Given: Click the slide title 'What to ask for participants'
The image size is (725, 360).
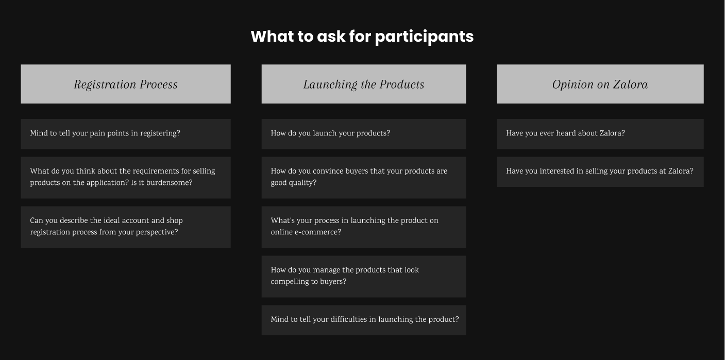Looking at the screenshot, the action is pos(362,36).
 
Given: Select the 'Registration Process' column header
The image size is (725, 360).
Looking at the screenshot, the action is pos(126,84).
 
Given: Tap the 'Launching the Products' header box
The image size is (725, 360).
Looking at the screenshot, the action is pos(364,84).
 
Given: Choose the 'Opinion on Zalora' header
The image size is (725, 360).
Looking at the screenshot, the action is pos(600,84).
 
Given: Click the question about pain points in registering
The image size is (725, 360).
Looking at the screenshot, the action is pos(126,134).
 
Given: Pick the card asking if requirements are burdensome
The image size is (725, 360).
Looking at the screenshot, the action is pos(126,178).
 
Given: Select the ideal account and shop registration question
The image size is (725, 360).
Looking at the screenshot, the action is pos(126,227).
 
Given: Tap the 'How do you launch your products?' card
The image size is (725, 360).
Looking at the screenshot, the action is pos(364,134).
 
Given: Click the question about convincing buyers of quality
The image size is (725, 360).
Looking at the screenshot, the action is pos(364,178).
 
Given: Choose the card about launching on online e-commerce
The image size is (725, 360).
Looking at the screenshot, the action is pos(364,227).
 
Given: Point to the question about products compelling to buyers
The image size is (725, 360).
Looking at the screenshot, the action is pos(364,277).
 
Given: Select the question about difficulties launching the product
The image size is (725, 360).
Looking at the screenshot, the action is pos(364,320).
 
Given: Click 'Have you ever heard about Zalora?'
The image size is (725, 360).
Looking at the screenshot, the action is pos(600,134).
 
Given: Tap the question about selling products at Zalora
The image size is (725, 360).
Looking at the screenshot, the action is pos(600,172).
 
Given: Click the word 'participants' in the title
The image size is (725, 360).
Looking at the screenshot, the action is pos(424,37).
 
